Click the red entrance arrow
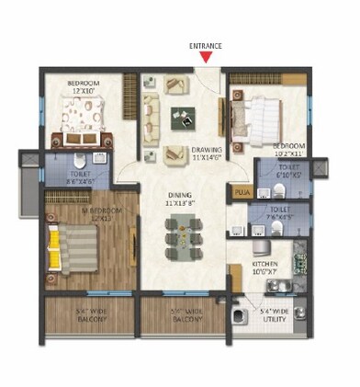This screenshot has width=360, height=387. [x=207, y=57]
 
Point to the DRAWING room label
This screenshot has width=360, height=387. [x=205, y=150]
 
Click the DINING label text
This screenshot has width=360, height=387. [x=179, y=194]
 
